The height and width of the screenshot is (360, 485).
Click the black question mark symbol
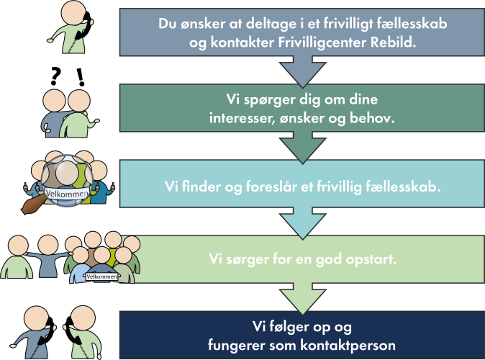pos(55,77)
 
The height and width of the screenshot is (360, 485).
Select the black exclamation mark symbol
pos(81,77)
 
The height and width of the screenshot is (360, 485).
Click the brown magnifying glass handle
pos(32,205)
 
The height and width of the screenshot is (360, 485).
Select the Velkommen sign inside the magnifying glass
pos(67,194)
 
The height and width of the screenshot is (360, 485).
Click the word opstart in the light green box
pos(371,259)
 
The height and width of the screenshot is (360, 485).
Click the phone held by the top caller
pos(83,27)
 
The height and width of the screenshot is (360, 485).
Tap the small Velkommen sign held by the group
pos(101,276)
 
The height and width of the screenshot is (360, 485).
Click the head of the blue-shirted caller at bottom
pos(36,319)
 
